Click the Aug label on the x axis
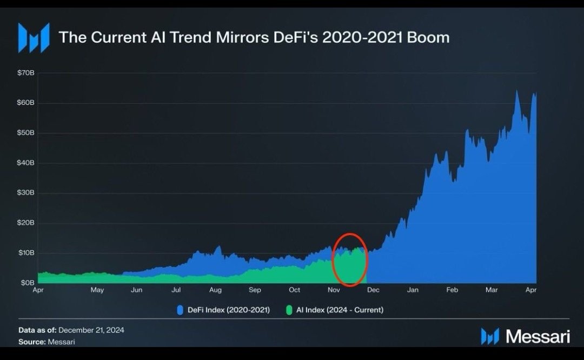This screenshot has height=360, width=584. pyautogui.click(x=215, y=290)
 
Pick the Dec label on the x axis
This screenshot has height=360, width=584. pyautogui.click(x=373, y=290)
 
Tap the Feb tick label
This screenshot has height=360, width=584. pyautogui.click(x=452, y=290)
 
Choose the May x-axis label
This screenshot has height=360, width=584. pyautogui.click(x=97, y=290)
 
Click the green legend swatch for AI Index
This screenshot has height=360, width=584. pyautogui.click(x=289, y=310)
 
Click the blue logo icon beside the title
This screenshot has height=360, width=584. pyautogui.click(x=34, y=37)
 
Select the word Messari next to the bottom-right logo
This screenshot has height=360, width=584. pyautogui.click(x=537, y=336)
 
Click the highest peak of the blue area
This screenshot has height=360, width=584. pyautogui.click(x=516, y=91)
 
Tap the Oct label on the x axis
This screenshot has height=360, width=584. pyautogui.click(x=294, y=290)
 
